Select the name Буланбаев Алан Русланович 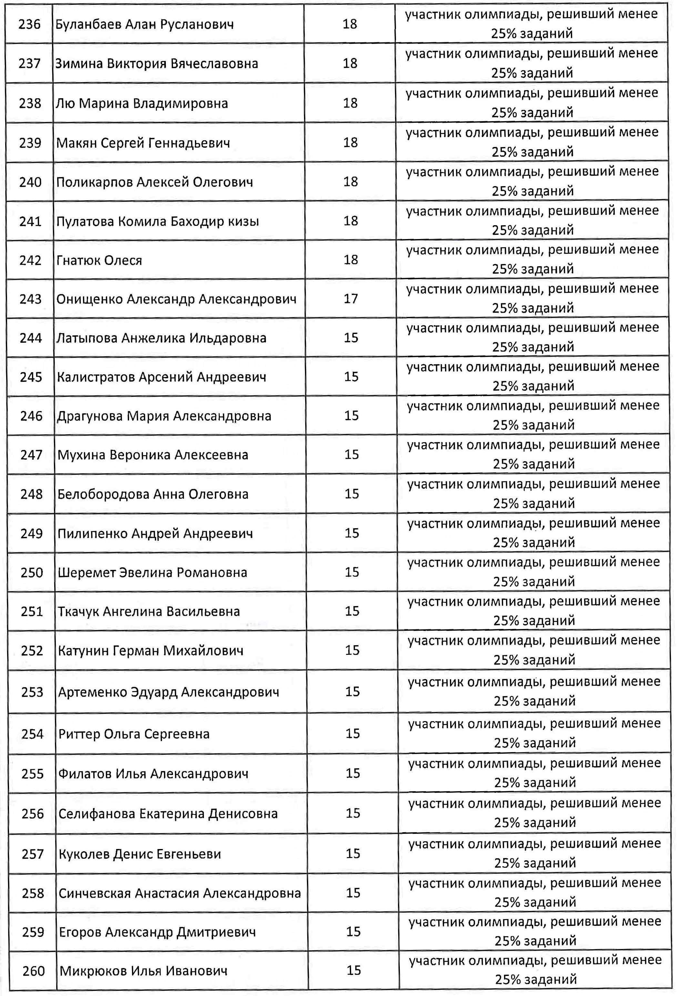click(145, 24)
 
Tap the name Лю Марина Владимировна click(142, 103)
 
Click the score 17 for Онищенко click(350, 299)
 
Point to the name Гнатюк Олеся click(99, 260)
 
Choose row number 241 click(30, 221)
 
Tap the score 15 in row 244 click(351, 338)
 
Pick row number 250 click(32, 572)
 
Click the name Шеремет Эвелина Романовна click(152, 572)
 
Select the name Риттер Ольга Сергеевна click(134, 734)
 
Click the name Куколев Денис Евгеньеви click(140, 854)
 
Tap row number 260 click(33, 971)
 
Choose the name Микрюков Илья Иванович click(143, 971)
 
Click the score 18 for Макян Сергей click(350, 142)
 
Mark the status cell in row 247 click(533, 454)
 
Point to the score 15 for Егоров click(353, 932)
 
